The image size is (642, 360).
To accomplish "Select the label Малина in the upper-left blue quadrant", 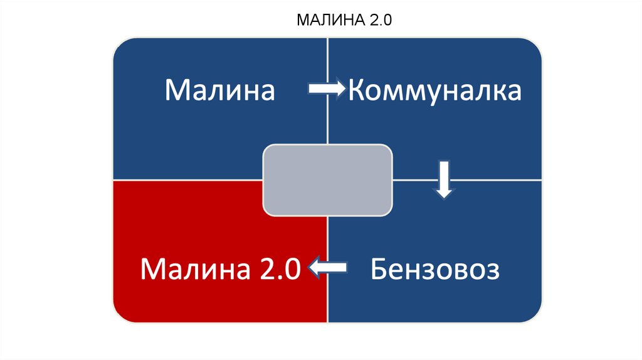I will (220, 90).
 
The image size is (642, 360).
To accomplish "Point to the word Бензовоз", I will (434, 270).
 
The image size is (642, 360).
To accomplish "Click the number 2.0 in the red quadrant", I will (274, 270).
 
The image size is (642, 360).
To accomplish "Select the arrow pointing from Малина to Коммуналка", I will (326, 89).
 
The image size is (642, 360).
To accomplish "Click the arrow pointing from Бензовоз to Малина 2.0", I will (327, 268).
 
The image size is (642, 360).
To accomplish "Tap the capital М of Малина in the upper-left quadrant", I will (178, 90).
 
